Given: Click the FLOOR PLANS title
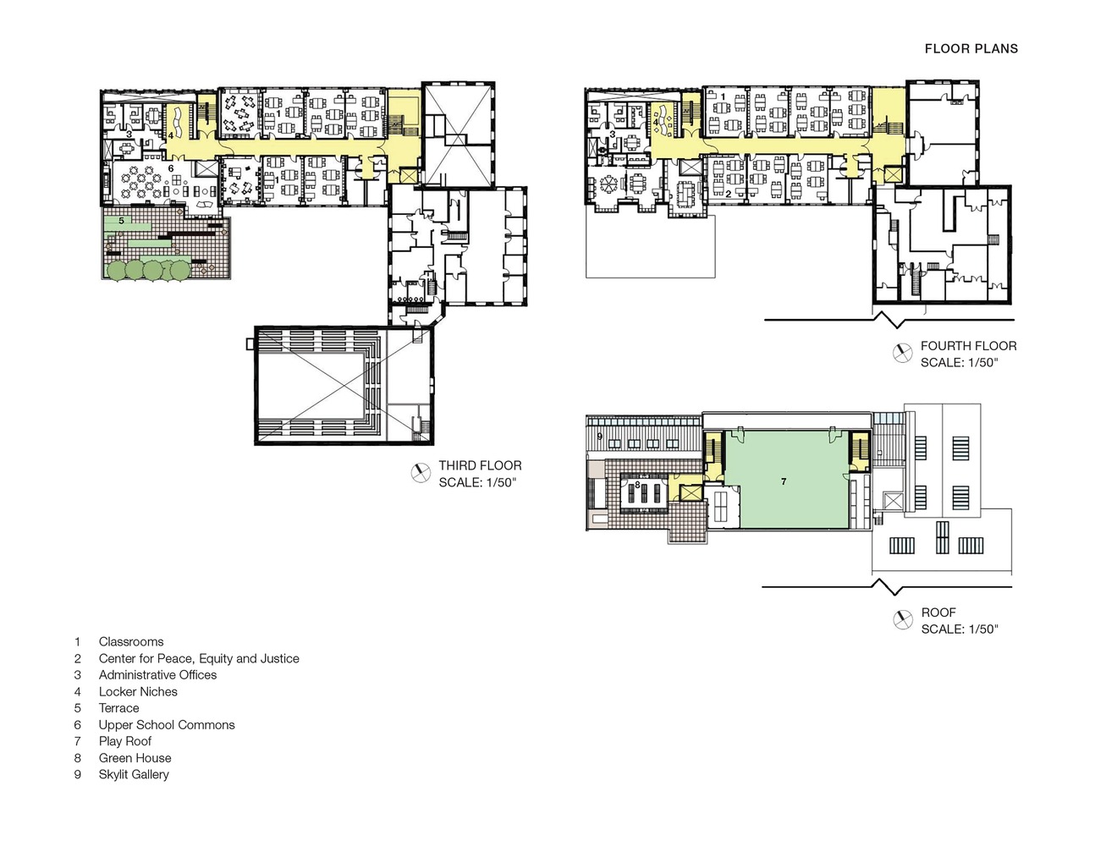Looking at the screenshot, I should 971,49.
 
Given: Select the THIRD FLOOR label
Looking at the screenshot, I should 480,465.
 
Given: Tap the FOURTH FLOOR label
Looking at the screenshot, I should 968,346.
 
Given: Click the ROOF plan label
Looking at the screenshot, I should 938,613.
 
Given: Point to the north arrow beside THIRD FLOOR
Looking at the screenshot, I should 420,474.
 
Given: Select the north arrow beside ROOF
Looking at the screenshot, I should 903,621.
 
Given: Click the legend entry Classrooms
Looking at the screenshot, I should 131,642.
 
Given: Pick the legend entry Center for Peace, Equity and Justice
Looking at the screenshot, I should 199,658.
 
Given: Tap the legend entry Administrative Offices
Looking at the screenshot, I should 157,675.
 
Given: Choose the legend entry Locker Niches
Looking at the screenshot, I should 138,691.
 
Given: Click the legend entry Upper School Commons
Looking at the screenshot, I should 167,725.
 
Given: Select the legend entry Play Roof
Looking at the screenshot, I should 125,741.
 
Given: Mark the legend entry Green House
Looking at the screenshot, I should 135,758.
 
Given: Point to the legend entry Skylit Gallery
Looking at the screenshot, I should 134,774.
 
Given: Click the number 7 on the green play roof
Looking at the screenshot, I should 784,481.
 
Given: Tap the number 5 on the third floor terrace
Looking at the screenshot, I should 122,221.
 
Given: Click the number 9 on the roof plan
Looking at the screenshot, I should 599,437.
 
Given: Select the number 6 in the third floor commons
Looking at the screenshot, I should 171,169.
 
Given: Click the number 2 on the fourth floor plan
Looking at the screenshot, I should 728,194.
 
